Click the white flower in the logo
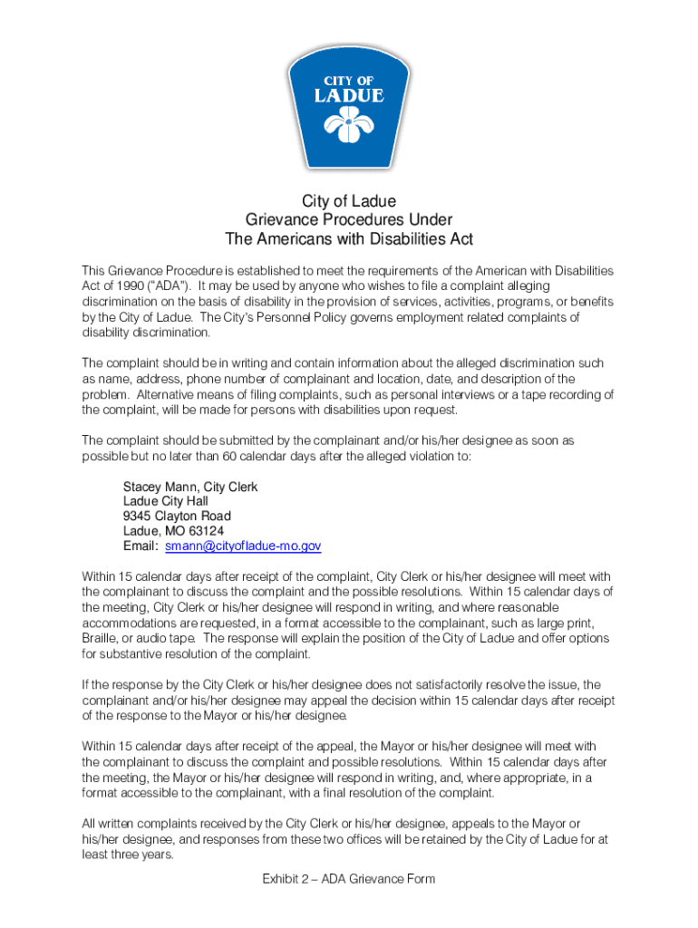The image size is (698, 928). point(348,125)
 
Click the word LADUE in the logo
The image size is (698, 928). point(349,95)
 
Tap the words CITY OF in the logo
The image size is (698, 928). point(349,79)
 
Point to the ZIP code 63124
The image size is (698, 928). point(204,531)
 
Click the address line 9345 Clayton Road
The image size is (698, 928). point(177,517)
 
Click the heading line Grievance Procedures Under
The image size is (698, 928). point(349,220)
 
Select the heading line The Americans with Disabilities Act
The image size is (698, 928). point(349,239)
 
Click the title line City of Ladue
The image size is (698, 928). point(349,201)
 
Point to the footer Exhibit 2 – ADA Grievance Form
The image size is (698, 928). point(349,879)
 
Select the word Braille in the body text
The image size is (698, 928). point(99,638)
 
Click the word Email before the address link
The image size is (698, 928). point(141,546)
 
